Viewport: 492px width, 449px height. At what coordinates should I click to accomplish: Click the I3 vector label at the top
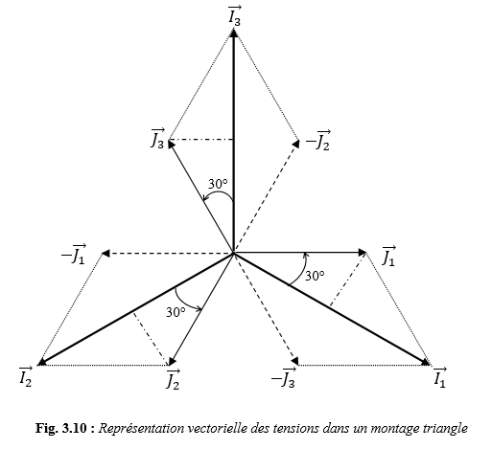[x=235, y=16]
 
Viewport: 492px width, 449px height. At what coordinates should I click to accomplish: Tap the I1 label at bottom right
[x=440, y=377]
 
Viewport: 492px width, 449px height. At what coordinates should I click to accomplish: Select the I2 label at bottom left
[x=26, y=377]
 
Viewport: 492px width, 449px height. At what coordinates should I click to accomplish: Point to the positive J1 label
[x=389, y=256]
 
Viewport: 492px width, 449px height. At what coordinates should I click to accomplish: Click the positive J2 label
[x=173, y=379]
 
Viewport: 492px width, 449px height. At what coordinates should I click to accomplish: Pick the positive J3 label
[x=158, y=139]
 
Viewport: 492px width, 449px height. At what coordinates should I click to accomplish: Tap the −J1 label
[x=74, y=254]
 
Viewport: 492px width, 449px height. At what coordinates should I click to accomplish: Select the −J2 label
[x=318, y=141]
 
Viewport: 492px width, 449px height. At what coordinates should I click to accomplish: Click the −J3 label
[x=284, y=377]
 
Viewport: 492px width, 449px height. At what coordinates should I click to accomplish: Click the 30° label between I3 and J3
[x=218, y=184]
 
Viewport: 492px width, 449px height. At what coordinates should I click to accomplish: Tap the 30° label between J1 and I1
[x=315, y=276]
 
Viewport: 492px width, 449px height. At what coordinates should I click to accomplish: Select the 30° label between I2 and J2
[x=176, y=312]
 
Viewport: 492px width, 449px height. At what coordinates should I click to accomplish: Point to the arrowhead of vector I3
[x=234, y=33]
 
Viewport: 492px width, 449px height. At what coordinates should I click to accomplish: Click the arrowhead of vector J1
[x=363, y=253]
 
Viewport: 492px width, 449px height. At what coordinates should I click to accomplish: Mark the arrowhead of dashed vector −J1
[x=105, y=254]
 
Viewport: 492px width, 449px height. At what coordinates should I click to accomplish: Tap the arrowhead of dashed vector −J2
[x=295, y=144]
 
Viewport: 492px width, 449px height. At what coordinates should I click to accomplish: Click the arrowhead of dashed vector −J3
[x=295, y=361]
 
